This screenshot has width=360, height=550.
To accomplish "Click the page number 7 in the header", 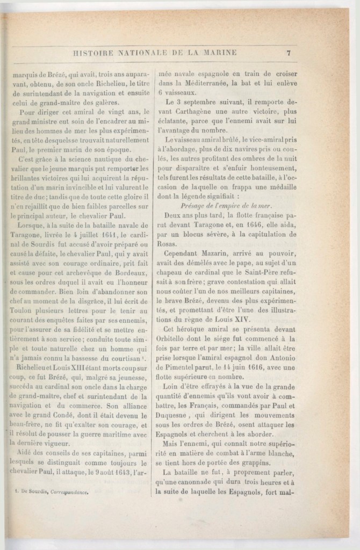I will coord(289,53).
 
